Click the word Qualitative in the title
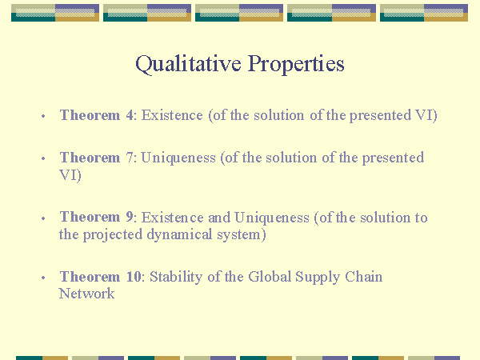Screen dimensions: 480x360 pos(188,64)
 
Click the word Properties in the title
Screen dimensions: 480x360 pos(296,64)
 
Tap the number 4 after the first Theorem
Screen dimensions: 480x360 pos(130,115)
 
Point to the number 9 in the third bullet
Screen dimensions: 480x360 pos(130,217)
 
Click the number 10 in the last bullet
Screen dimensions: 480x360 pos(134,277)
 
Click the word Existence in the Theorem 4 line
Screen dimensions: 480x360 pos(172,115)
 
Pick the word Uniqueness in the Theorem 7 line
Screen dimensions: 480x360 pos(178,158)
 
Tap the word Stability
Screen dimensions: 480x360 pos(176,277)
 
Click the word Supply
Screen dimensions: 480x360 pos(318,278)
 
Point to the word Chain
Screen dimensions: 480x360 pos(364,277)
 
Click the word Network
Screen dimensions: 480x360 pos(86,294)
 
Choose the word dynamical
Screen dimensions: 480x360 pos(179,235)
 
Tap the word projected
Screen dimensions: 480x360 pos(113,235)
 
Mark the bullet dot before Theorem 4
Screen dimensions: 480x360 pos(43,116)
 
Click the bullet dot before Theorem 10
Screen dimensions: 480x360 pos(43,278)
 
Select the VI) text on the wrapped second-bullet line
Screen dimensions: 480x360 pos(70,175)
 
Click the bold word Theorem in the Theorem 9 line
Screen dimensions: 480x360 pos(90,217)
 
